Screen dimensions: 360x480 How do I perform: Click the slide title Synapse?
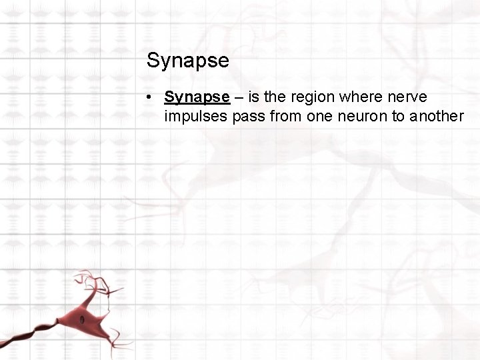click(187, 61)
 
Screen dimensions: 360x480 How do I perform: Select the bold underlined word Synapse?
click(197, 97)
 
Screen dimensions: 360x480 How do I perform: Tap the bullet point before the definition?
click(152, 97)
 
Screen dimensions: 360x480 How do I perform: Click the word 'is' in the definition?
click(255, 97)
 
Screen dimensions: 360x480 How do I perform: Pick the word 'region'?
click(312, 97)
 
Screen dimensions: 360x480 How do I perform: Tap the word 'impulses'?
click(197, 117)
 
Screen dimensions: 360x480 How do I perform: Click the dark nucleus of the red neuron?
click(83, 320)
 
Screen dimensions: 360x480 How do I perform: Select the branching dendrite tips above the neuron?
click(93, 280)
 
